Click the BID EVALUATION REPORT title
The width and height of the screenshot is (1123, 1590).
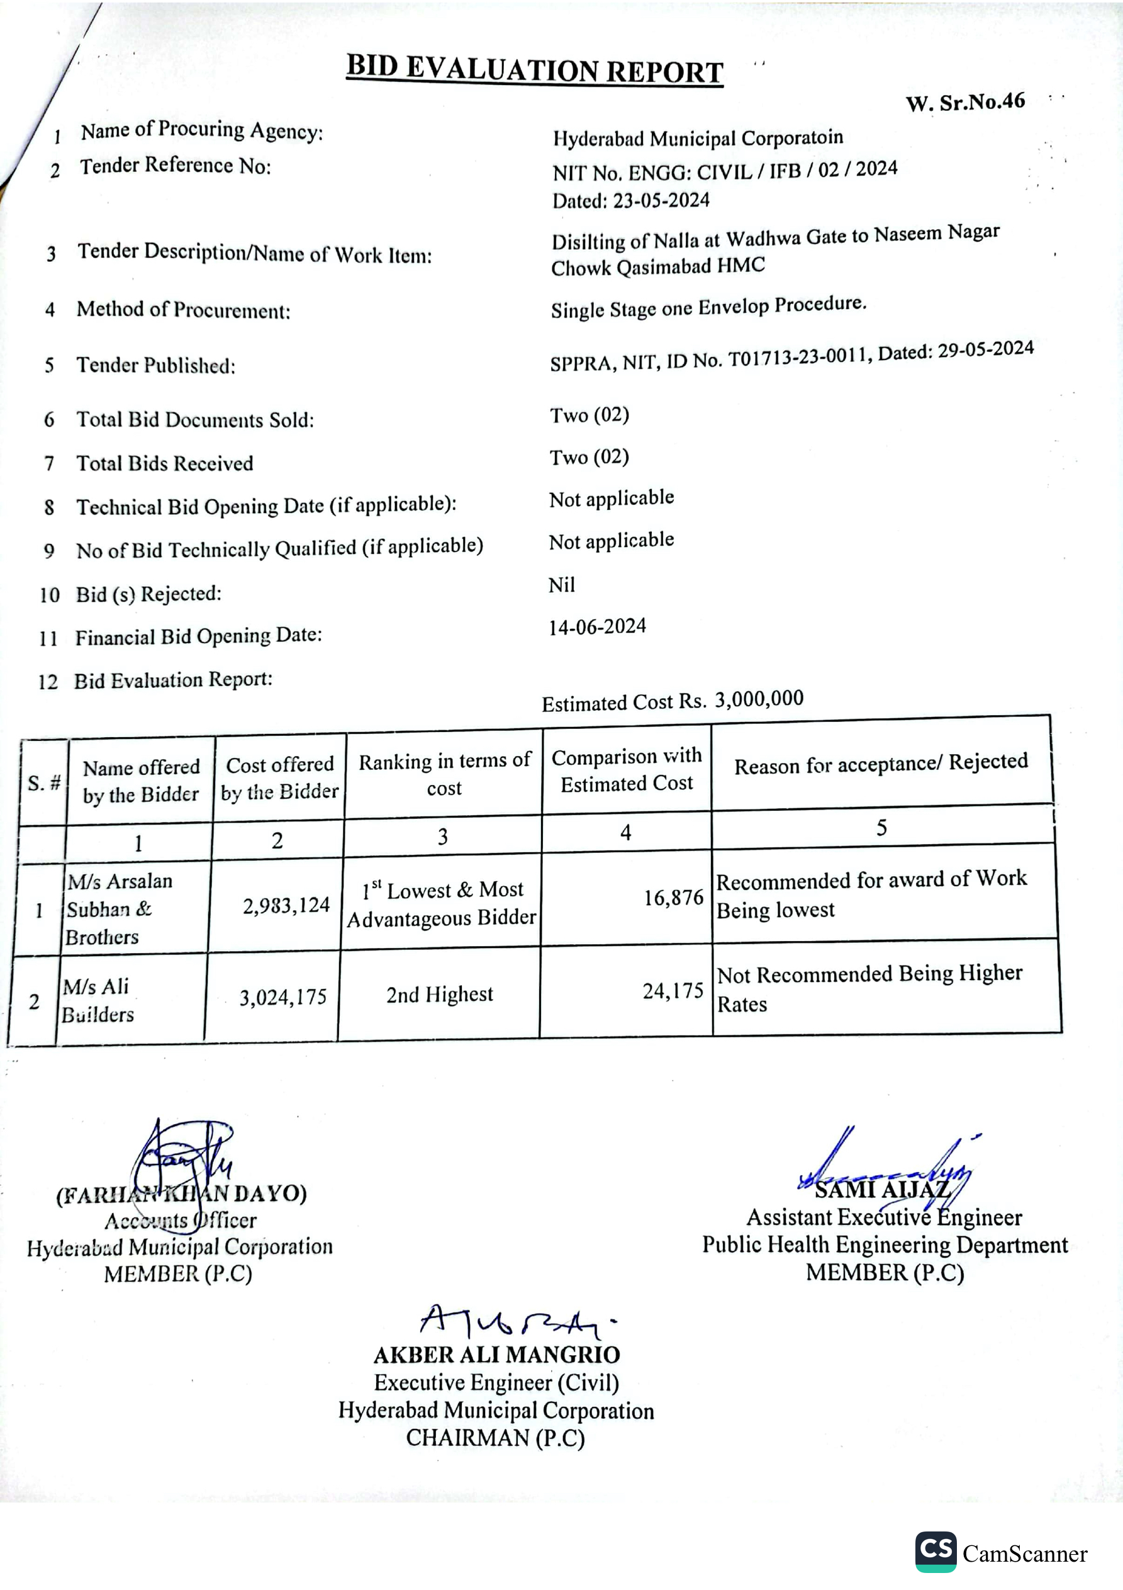(535, 70)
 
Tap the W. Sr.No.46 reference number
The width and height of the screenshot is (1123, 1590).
(965, 103)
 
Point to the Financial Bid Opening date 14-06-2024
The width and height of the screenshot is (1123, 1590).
(598, 627)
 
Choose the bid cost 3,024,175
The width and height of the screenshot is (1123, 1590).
(282, 997)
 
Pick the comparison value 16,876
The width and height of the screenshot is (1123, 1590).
(673, 898)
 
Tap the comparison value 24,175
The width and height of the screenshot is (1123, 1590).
(673, 991)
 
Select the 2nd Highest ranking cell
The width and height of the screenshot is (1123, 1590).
(440, 995)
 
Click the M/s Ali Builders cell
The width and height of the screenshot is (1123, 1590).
(98, 1001)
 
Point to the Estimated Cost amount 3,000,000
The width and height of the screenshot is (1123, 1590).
(759, 699)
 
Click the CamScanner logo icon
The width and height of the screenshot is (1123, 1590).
(936, 1551)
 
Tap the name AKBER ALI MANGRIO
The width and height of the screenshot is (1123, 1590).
(496, 1355)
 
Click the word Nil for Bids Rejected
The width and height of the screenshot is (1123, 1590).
(561, 585)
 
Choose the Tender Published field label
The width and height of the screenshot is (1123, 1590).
(156, 365)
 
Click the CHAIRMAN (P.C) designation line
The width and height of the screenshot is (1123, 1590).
(495, 1438)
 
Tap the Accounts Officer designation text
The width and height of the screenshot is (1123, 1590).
(180, 1221)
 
